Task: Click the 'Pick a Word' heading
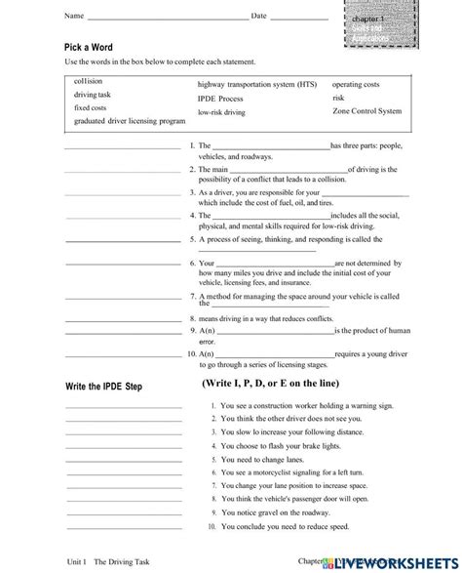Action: click(x=89, y=48)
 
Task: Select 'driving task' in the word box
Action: click(x=94, y=95)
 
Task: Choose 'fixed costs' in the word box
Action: click(x=91, y=107)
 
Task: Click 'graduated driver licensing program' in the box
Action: click(x=130, y=121)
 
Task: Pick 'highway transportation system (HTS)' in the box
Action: click(x=256, y=85)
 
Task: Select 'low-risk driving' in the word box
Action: click(x=221, y=112)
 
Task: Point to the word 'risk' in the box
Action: click(x=338, y=98)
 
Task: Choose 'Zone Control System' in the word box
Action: click(x=366, y=111)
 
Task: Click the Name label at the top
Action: click(x=74, y=17)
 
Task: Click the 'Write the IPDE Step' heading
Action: click(x=103, y=387)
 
